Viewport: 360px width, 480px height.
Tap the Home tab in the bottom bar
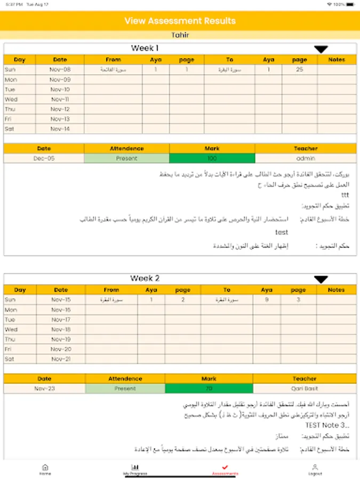coord(45,469)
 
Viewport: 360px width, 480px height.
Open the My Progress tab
coord(135,469)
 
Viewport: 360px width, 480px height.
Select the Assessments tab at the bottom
coord(225,469)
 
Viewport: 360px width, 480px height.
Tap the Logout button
coord(315,469)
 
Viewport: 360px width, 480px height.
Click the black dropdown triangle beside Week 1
coord(321,50)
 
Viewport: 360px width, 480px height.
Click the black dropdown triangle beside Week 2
coord(321,279)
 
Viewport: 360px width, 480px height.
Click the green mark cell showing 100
coord(212,158)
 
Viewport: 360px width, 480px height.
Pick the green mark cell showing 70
coord(209,389)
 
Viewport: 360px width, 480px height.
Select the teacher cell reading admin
coord(306,158)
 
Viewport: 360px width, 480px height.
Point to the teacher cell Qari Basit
coord(305,389)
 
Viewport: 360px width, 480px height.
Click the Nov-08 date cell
coord(60,70)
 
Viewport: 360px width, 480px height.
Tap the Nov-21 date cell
coord(61,359)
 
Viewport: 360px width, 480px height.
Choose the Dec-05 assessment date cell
coord(44,158)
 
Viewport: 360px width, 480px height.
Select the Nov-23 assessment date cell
coord(44,389)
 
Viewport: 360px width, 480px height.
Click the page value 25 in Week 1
coord(300,70)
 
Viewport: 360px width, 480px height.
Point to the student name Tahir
coord(180,35)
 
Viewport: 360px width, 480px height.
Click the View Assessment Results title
coord(180,21)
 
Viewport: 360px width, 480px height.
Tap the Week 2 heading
coord(145,278)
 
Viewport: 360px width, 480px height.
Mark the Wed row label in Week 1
coord(11,99)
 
